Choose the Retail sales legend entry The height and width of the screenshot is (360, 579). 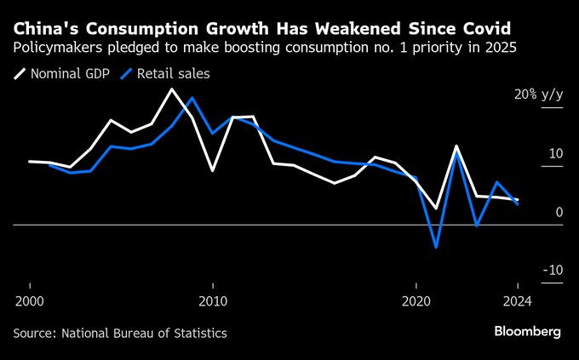pyautogui.click(x=175, y=73)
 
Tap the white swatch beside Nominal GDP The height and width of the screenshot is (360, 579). pyautogui.click(x=20, y=73)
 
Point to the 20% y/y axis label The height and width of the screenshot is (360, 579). pyautogui.click(x=538, y=94)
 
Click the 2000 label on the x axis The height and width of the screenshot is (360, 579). pyautogui.click(x=30, y=300)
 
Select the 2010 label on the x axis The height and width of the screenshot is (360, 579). pyautogui.click(x=212, y=300)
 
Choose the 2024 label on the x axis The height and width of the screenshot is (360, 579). pyautogui.click(x=517, y=300)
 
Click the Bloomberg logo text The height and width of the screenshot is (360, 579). pyautogui.click(x=527, y=331)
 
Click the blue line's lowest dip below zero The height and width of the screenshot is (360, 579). pyautogui.click(x=436, y=248)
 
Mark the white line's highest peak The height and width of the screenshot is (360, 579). pyautogui.click(x=172, y=89)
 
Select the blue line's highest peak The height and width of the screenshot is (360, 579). pyautogui.click(x=192, y=98)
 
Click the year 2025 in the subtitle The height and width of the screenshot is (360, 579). pyautogui.click(x=499, y=47)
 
